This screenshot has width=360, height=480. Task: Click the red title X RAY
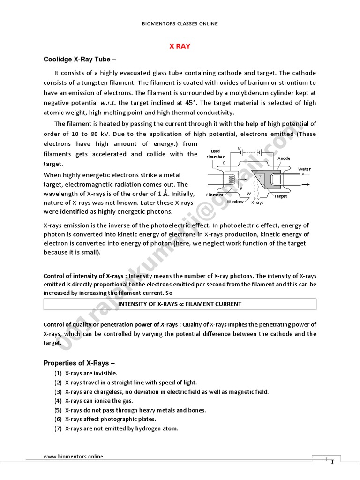[x=180, y=46]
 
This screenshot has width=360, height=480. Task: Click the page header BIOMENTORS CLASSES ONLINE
[x=180, y=23]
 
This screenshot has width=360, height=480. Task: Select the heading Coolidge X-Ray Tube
[x=79, y=60]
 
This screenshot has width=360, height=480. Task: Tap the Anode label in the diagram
[x=284, y=158]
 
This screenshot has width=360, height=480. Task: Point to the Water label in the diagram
[x=304, y=169]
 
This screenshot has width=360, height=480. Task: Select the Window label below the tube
[x=235, y=202]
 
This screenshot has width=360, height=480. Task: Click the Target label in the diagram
[x=280, y=197]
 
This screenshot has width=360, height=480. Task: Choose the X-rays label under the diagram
[x=257, y=203]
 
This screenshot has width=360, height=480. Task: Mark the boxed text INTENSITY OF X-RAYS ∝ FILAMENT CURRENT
[x=180, y=304]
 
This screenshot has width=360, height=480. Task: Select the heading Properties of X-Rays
[x=79, y=363]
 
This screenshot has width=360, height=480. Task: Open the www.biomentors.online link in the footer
[x=73, y=456]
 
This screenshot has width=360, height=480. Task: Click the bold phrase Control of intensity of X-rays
[x=82, y=276]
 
